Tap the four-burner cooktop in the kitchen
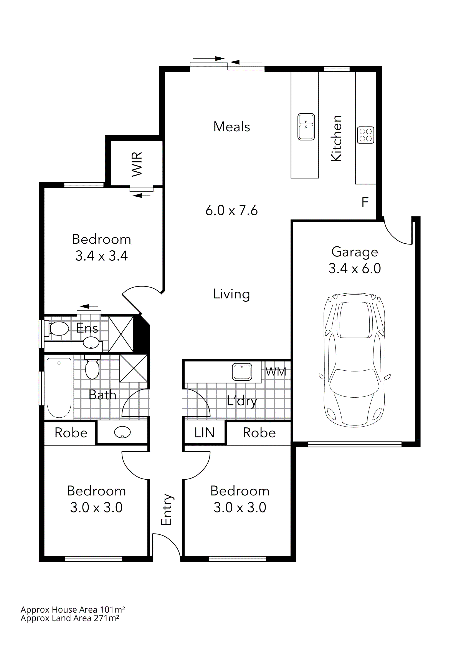pyautogui.click(x=365, y=135)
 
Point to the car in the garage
pyautogui.click(x=354, y=360)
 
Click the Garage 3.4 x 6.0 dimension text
pyautogui.click(x=355, y=268)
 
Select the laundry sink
pyautogui.click(x=242, y=372)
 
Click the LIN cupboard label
pyautogui.click(x=204, y=433)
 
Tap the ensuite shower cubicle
pyautogui.click(x=121, y=334)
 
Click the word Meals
pyautogui.click(x=231, y=127)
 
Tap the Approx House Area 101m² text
pyautogui.click(x=73, y=610)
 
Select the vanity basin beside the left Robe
pyautogui.click(x=122, y=432)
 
